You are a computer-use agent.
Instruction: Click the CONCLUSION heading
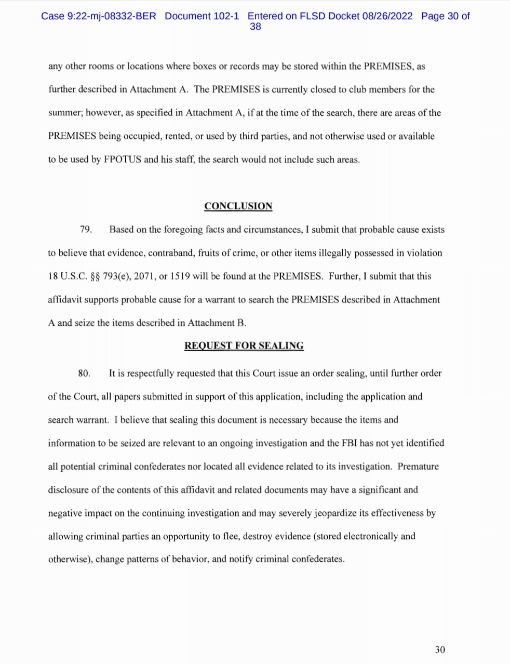coord(238,206)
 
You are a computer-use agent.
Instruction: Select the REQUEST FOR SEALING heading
coord(244,346)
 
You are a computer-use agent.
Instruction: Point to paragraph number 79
coord(86,230)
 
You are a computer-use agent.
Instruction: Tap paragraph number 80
coord(84,374)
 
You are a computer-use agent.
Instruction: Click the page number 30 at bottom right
coord(440,649)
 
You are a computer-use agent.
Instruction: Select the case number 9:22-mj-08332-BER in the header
coord(112,16)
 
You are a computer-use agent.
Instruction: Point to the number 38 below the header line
coord(256,26)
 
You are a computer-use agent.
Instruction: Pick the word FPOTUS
coord(122,160)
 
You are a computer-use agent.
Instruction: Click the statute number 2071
coord(144,276)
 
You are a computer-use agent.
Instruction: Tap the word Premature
coord(418,467)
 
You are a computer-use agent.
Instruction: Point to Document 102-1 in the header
coord(202,16)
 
